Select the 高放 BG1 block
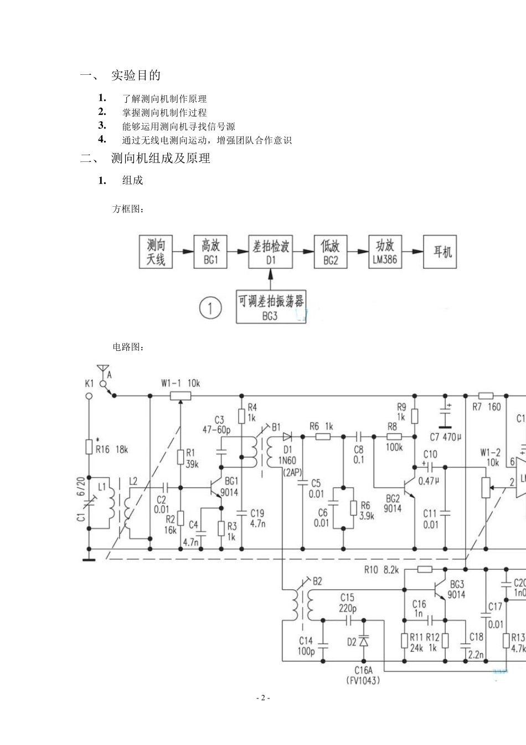tap(210, 252)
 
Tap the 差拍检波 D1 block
tap(271, 252)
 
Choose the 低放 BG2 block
tap(331, 252)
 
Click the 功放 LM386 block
tap(385, 252)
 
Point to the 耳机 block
tap(441, 252)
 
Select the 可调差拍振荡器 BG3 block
tap(271, 307)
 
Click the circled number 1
tap(210, 308)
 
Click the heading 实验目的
tap(136, 75)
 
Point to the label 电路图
tap(128, 347)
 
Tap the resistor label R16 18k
tap(111, 449)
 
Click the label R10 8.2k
tap(381, 569)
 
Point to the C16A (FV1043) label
tap(363, 675)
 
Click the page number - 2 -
tap(263, 698)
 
